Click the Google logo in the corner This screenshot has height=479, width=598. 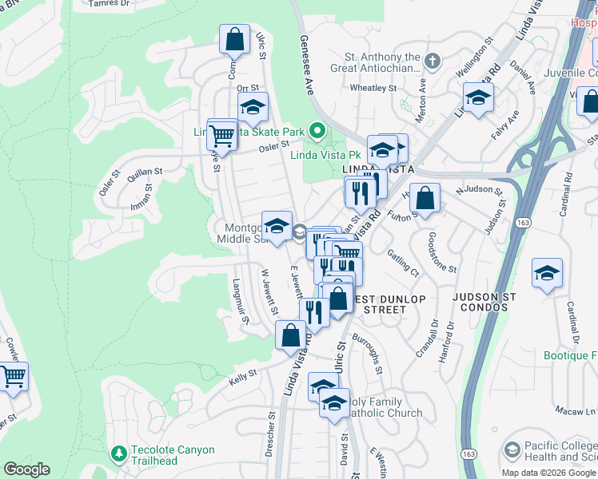coord(26,469)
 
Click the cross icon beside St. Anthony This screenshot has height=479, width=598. coord(432,61)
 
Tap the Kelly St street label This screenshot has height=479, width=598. coord(241,373)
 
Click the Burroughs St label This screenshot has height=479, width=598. coord(375,352)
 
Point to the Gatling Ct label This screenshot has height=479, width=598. coord(404,262)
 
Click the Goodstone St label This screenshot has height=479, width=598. coord(441,252)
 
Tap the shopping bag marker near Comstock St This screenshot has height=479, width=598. coord(234,39)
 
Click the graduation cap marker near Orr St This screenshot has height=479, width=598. coord(253,107)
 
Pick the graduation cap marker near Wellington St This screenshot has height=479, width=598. coord(478,98)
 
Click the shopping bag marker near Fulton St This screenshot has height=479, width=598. coord(427,198)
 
